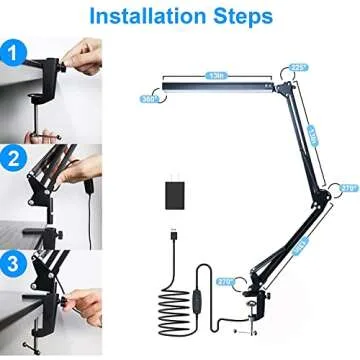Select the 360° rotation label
point(150,99)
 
